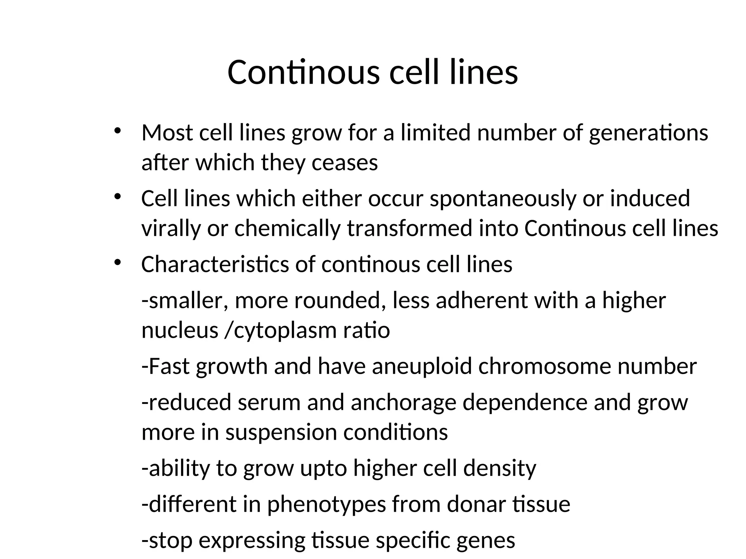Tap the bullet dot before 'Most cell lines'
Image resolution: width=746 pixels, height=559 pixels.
click(117, 131)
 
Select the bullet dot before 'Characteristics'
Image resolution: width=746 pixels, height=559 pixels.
click(117, 262)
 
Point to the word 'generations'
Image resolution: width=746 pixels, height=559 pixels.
click(648, 133)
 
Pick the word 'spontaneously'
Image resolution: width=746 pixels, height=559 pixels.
click(503, 199)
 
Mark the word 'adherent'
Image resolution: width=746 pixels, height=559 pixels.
click(481, 301)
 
